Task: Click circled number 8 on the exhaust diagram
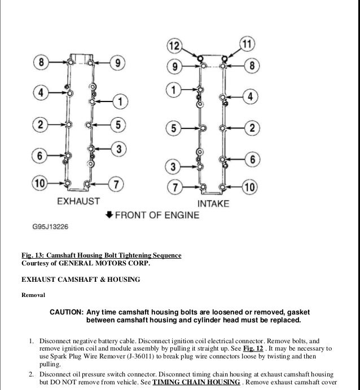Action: (x=41, y=61)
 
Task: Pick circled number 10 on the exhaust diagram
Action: (x=41, y=183)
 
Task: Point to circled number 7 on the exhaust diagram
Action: (x=116, y=184)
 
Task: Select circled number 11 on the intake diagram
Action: (x=247, y=43)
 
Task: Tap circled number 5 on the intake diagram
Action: (x=175, y=128)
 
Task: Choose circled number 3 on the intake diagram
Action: (x=174, y=166)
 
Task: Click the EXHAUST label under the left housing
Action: (x=79, y=201)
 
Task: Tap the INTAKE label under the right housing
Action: (x=213, y=203)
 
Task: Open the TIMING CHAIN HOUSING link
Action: (x=195, y=381)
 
